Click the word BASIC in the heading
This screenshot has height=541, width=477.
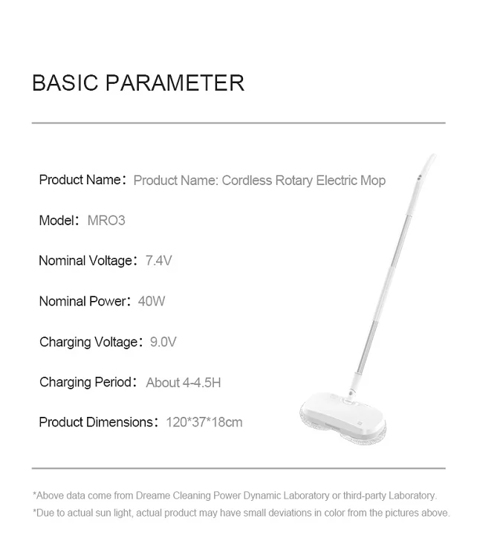click(65, 82)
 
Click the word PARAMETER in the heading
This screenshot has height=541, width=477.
click(175, 82)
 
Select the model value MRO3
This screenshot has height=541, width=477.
click(106, 221)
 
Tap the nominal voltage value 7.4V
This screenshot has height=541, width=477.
click(159, 261)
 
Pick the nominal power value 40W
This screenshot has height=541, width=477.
click(152, 301)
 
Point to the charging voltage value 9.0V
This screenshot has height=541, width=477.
click(163, 342)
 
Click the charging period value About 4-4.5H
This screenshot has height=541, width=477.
click(183, 383)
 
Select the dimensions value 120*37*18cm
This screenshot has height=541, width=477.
click(204, 422)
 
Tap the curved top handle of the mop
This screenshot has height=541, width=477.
click(426, 166)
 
